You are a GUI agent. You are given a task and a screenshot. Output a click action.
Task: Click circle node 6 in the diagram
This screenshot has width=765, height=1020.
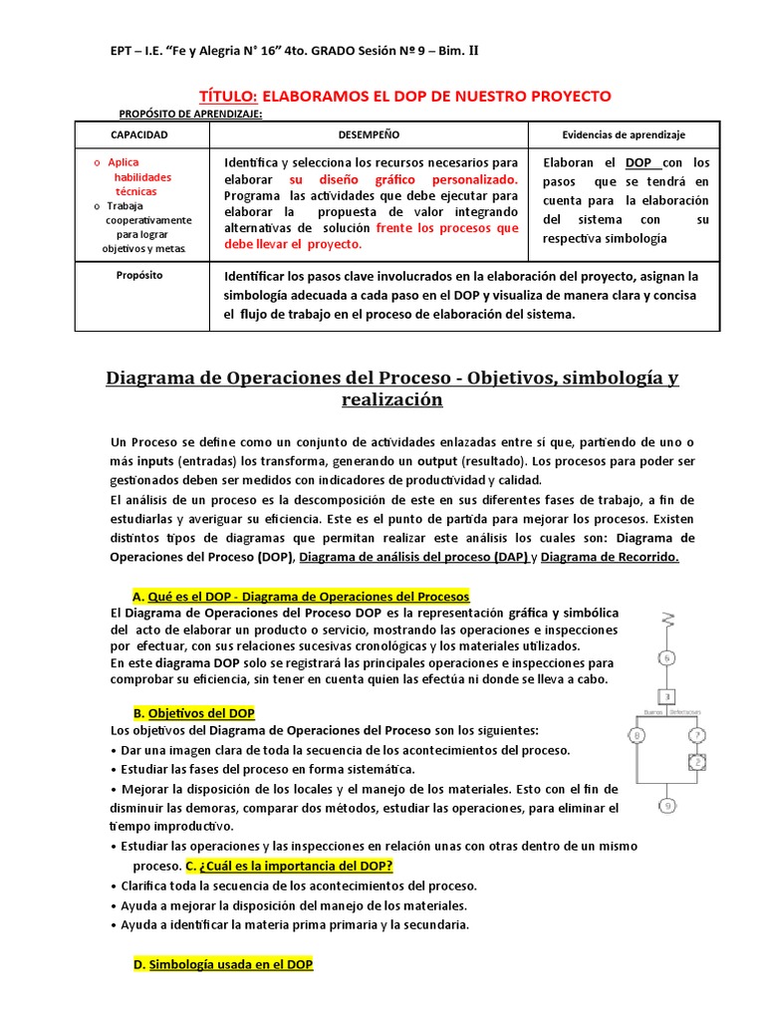668,656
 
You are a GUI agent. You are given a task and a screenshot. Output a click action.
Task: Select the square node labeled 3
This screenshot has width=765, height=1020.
668,696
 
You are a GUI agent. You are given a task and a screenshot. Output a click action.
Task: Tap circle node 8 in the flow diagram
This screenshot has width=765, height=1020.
637,737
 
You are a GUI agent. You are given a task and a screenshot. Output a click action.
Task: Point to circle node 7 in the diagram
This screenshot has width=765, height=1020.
698,737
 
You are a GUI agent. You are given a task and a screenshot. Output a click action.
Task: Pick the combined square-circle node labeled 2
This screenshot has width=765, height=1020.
698,763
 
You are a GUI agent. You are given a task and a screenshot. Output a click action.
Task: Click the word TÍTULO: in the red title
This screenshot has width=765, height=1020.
229,96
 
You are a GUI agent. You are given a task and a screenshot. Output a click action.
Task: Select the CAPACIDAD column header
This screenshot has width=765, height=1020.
138,134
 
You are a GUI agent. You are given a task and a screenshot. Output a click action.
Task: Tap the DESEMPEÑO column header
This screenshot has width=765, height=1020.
369,134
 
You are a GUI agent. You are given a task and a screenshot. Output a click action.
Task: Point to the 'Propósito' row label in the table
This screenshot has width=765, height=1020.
138,275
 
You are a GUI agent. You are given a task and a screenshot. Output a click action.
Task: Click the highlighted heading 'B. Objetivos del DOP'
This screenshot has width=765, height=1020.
193,713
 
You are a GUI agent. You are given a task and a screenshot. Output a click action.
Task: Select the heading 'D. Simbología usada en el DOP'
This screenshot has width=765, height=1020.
223,965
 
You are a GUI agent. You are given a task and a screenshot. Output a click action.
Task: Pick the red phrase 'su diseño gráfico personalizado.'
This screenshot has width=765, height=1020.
403,179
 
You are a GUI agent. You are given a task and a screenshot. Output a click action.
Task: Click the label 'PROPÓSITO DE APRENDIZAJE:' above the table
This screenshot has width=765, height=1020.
190,115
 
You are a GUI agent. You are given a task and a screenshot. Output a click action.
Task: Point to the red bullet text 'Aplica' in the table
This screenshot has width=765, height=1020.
124,162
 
